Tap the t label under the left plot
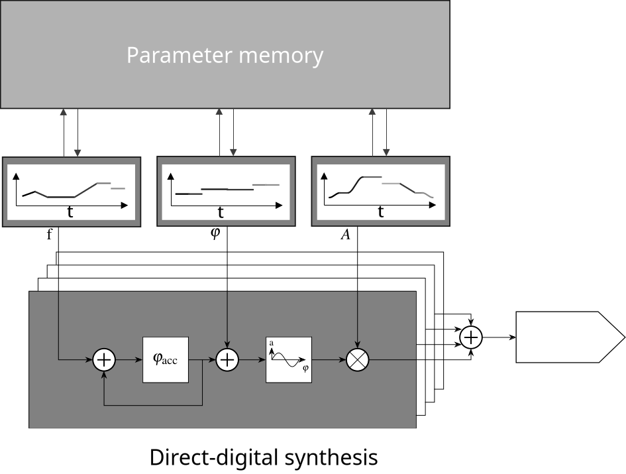70,212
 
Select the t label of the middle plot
221,212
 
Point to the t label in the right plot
381,211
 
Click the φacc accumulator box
166,360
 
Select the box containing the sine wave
289,360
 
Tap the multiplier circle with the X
358,360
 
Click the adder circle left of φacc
104,360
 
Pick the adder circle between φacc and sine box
227,360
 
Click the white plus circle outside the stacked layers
470,337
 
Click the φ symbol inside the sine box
305,368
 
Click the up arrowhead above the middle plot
219,113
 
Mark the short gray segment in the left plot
118,189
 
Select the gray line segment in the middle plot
266,184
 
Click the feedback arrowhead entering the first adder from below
104,374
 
